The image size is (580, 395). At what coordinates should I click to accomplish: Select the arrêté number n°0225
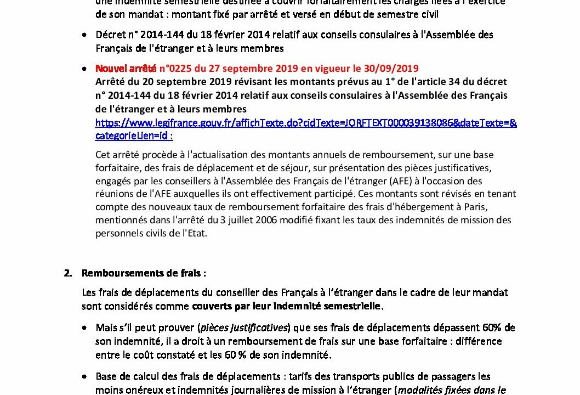[173, 69]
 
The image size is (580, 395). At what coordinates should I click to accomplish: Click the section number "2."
[68, 273]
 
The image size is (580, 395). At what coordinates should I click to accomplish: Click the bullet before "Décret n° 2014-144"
[84, 35]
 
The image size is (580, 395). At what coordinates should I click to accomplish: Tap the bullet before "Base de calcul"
[84, 377]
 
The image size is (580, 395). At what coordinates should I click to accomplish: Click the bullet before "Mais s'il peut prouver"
[84, 328]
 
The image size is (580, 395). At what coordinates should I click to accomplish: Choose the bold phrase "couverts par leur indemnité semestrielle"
[286, 306]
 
